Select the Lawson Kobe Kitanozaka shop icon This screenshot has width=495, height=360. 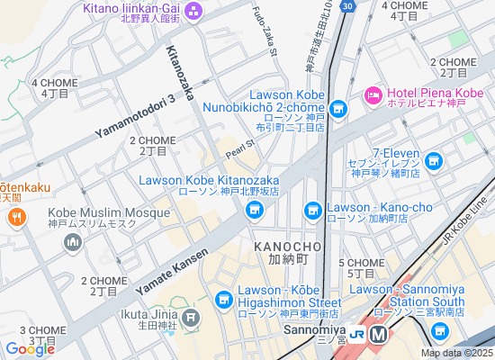[254, 211]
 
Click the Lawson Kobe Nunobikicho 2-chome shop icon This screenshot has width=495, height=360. [337, 110]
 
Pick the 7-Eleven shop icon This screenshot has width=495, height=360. [435, 161]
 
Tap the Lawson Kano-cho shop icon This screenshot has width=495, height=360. [313, 211]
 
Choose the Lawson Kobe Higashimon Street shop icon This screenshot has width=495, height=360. [224, 300]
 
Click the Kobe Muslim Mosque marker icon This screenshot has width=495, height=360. [73, 242]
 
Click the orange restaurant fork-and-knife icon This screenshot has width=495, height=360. [15, 217]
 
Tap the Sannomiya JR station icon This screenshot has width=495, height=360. [357, 334]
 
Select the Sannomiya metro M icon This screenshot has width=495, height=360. [379, 334]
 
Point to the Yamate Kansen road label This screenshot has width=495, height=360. [171, 271]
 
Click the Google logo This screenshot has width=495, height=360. [30, 349]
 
